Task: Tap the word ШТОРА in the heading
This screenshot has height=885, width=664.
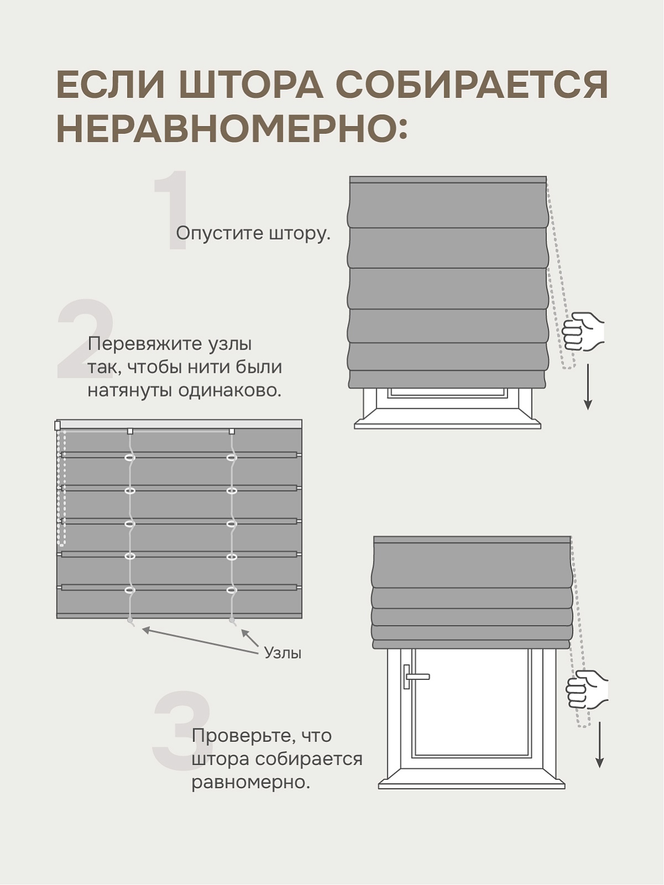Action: [251, 85]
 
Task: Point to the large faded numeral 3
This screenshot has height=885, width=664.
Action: [181, 731]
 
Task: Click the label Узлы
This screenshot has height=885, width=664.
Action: [282, 653]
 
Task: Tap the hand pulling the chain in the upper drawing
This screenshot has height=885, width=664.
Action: [583, 331]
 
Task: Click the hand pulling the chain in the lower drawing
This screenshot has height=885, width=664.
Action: [587, 689]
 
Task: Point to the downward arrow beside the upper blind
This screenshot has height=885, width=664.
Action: [588, 387]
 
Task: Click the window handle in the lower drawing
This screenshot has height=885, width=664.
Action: [414, 676]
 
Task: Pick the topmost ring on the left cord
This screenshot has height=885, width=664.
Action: [130, 458]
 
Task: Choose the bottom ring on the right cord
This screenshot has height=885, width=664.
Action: [232, 590]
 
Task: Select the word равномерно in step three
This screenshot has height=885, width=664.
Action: [250, 783]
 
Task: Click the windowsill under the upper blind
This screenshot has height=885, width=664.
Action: [448, 424]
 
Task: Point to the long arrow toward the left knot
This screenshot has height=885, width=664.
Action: [199, 641]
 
